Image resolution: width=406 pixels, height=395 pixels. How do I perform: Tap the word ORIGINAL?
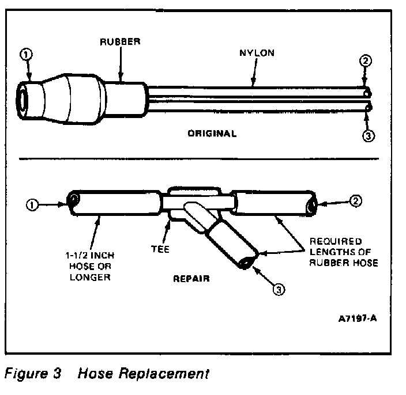212,134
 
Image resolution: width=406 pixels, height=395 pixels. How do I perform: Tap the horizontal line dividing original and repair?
202,158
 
